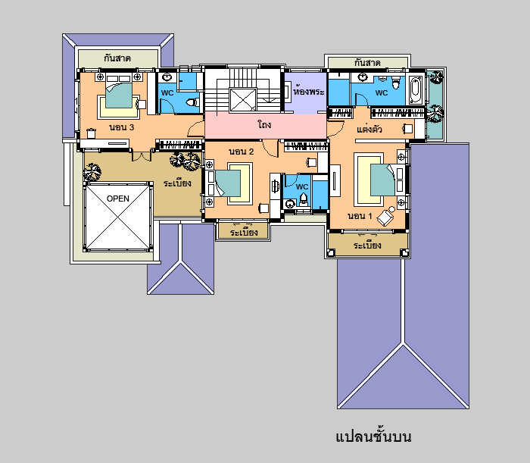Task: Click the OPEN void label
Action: tap(118, 199)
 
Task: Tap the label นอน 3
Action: tap(122, 127)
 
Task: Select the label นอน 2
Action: tap(242, 152)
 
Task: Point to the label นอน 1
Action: tap(360, 216)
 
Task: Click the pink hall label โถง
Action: tap(264, 124)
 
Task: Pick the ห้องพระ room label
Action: tap(308, 92)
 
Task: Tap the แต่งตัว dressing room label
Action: tap(369, 129)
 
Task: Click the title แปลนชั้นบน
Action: tap(373, 436)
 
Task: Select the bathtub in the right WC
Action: tap(416, 90)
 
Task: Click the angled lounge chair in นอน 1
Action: tap(387, 216)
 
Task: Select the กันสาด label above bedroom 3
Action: tap(117, 58)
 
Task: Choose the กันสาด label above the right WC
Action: tap(367, 63)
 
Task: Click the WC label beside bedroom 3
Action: tap(167, 92)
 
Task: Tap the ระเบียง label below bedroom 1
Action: tap(367, 245)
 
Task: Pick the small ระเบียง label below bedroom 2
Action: tap(244, 232)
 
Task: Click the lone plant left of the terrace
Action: tap(92, 172)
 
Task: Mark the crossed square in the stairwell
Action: tap(243, 100)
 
